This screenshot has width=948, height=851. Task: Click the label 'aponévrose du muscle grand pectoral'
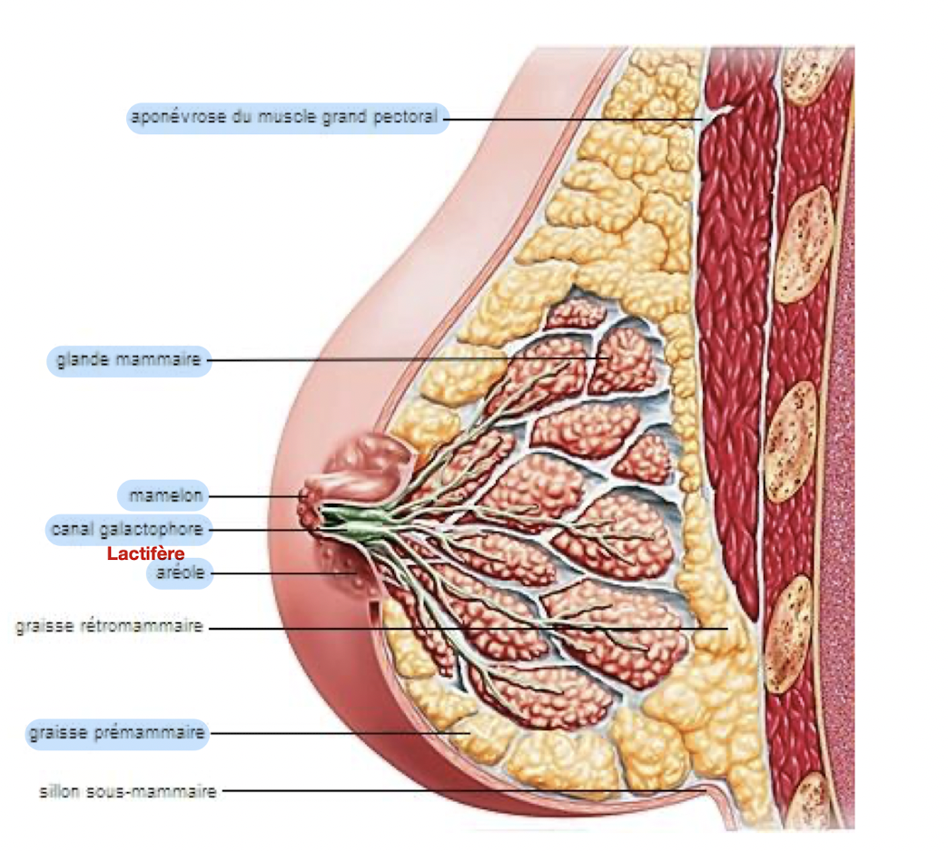pos(287,117)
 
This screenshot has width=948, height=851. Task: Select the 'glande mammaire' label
pos(128,360)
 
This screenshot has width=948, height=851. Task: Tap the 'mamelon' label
pos(163,496)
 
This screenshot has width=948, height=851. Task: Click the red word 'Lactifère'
pos(146,553)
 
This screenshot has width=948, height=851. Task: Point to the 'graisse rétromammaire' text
pos(110,627)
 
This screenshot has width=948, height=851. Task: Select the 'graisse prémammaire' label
pos(117,732)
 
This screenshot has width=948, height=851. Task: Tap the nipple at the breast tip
pos(309,508)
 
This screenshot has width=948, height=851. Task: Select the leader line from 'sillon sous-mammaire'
pos(454,791)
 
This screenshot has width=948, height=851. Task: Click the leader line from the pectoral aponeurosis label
pos(572,118)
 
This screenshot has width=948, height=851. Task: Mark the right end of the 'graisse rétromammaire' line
pos(726,628)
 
